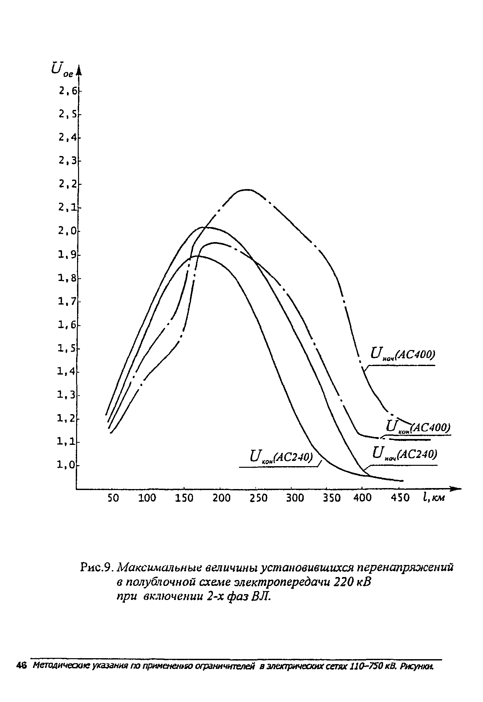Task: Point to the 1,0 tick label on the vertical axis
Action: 66,465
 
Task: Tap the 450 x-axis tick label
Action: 400,498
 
